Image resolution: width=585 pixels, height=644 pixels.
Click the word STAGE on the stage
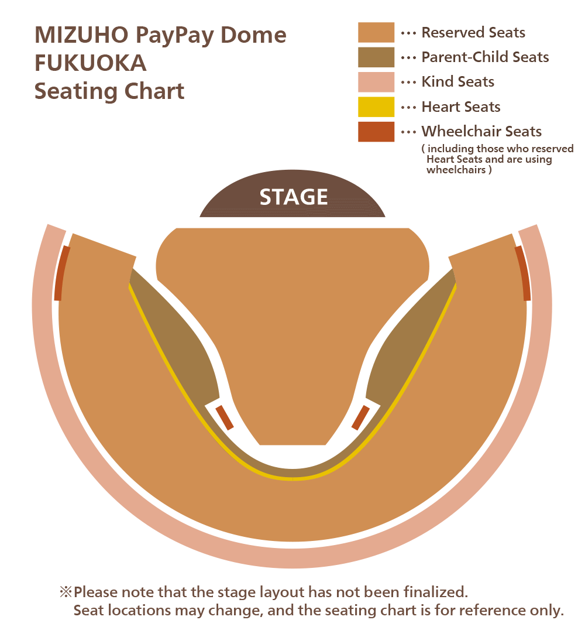point(294,197)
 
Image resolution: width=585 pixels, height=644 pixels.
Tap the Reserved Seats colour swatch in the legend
point(376,33)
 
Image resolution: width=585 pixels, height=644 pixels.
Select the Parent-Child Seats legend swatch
point(376,57)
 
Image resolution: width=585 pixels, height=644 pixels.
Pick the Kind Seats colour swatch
point(376,82)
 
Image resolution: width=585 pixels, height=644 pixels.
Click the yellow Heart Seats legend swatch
point(376,107)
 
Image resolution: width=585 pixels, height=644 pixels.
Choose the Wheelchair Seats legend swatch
point(376,132)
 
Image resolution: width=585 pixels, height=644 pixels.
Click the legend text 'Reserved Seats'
point(473,33)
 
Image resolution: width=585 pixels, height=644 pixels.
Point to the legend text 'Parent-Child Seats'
point(485,57)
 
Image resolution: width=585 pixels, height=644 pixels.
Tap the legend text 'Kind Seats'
point(457,82)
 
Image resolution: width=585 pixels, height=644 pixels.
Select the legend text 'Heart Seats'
point(461,107)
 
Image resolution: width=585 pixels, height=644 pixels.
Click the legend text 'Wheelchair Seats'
point(481,132)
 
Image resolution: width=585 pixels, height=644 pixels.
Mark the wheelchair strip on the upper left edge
point(61,273)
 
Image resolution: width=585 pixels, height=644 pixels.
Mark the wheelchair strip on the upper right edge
point(524,273)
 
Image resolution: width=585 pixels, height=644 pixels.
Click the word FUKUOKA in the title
point(90,63)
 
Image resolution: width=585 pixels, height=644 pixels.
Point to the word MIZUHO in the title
point(81,35)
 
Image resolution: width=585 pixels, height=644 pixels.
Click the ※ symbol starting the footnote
point(65,592)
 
